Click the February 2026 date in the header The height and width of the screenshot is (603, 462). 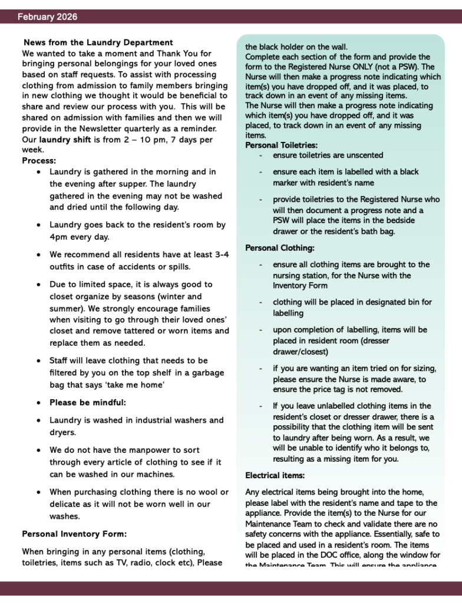(47, 17)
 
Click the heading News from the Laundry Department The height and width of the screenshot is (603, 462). (98, 42)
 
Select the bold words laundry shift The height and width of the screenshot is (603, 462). (65, 140)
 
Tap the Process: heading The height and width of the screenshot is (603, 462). (39, 160)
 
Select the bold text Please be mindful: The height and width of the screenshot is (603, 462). (88, 403)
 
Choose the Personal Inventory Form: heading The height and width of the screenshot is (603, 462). (74, 534)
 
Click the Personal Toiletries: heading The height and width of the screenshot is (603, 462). (281, 145)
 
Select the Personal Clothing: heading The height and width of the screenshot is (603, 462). (280, 248)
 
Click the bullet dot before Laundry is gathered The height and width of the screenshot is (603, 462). (38, 172)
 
